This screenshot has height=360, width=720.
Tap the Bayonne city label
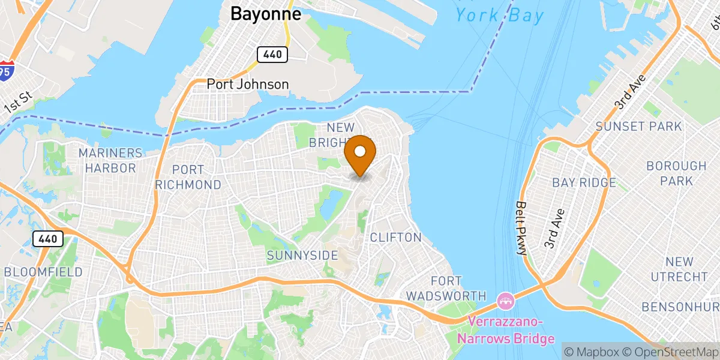[266, 14]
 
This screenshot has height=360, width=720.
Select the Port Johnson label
[248, 85]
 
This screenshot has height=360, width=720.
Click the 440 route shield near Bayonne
[273, 55]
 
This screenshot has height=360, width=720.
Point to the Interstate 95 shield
[7, 70]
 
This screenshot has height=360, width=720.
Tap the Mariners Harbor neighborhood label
[111, 161]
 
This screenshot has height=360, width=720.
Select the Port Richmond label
[188, 177]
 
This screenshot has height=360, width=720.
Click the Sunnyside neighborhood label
[302, 256]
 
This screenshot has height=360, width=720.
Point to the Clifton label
[395, 237]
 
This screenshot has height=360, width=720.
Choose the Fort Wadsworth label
[446, 288]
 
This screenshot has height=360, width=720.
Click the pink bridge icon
[505, 299]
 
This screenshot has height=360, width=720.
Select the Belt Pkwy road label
[521, 227]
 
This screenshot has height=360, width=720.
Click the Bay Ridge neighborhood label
[584, 182]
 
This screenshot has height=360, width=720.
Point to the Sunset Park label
[638, 127]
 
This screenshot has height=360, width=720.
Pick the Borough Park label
[677, 173]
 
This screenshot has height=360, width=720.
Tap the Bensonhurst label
[680, 307]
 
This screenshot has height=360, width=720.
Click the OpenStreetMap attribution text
[670, 351]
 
